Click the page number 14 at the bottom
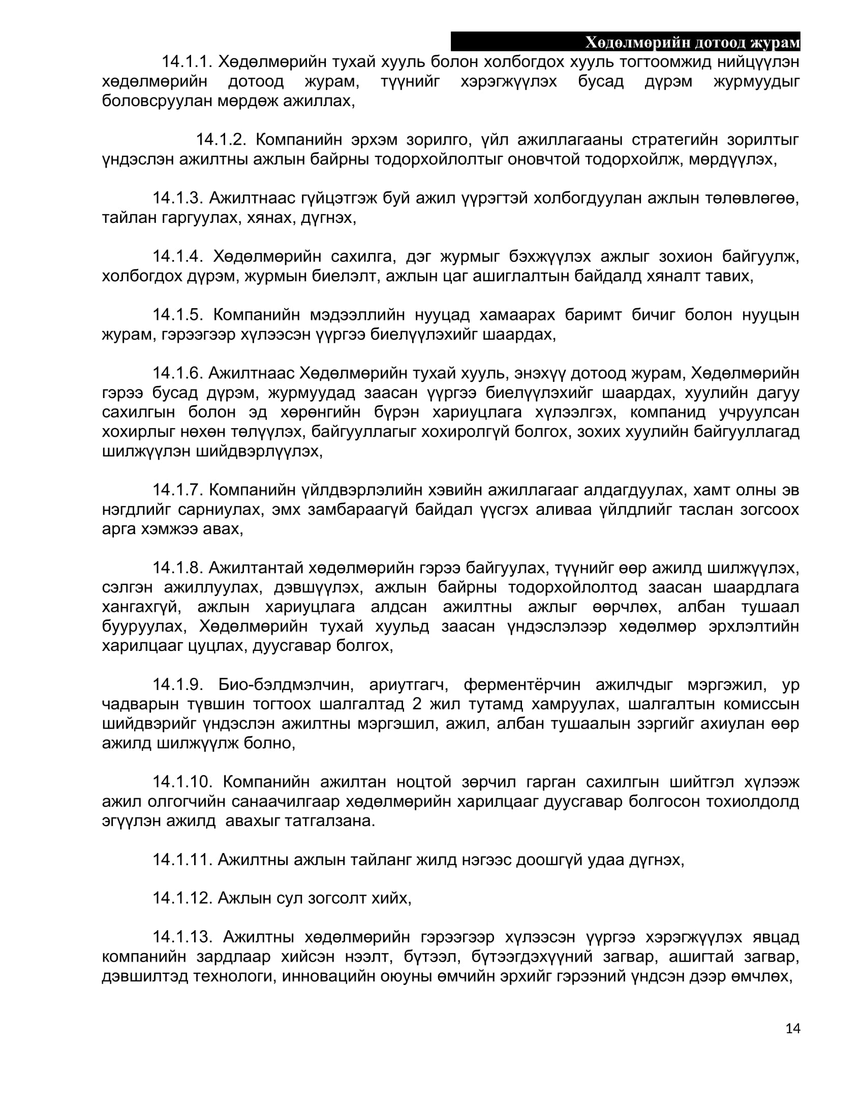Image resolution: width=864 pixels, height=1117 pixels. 792,1028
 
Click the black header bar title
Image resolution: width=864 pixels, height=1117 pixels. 692,43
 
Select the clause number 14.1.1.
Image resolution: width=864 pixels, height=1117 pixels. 187,62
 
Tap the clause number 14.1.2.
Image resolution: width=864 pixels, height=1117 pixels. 221,140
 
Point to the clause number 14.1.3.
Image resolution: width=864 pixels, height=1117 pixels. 178,198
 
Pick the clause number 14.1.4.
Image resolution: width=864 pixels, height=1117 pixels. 178,256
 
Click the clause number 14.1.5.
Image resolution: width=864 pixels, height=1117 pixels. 178,315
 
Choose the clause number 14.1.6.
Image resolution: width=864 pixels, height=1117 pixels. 178,373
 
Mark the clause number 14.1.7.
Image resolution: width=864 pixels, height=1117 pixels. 178,490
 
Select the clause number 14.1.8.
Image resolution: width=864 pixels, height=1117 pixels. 178,568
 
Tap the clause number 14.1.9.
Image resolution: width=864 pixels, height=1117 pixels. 178,685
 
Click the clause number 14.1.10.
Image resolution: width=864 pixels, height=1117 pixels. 183,782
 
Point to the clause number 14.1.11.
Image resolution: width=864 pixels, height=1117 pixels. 182,860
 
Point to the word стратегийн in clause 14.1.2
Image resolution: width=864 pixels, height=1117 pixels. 674,140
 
